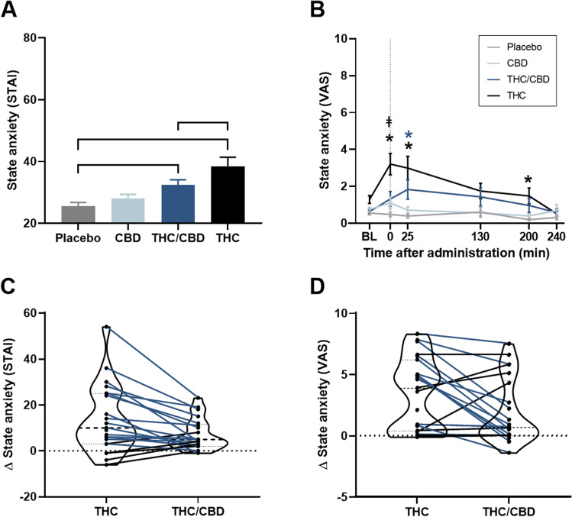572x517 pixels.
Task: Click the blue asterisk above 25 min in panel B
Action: click(x=409, y=135)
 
